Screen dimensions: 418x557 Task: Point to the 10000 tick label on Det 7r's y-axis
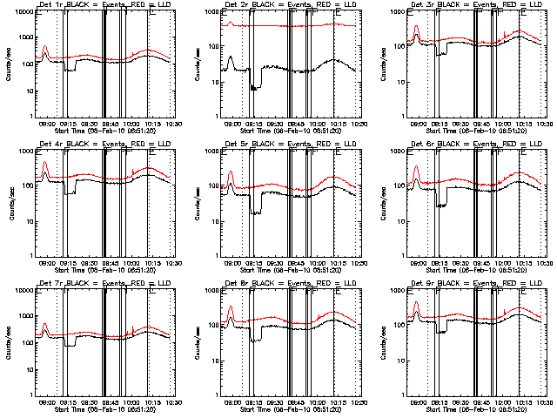(x=21, y=290)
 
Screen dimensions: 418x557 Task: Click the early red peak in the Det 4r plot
(x=45, y=163)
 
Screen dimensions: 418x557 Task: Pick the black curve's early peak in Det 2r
(x=231, y=57)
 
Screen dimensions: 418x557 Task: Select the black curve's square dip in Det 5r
(x=256, y=212)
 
